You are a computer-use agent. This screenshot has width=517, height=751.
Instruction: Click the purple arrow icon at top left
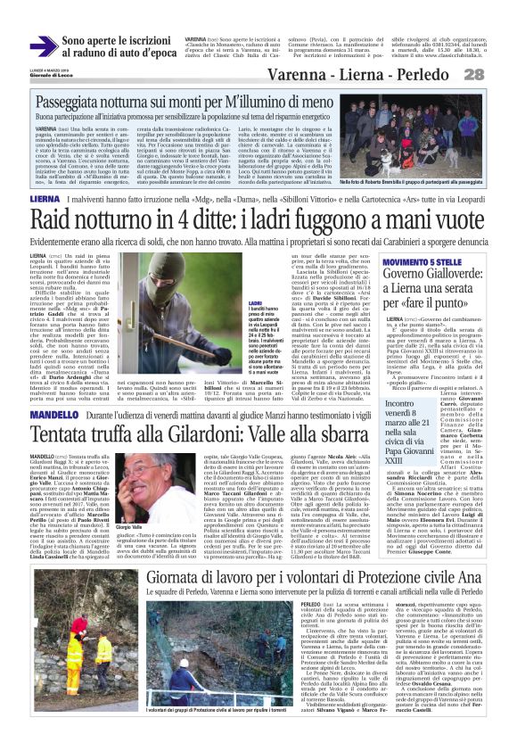[44, 45]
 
